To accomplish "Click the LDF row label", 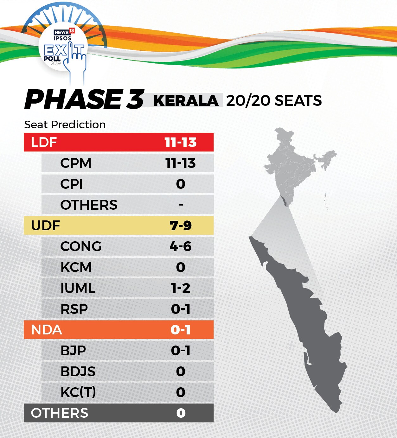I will tap(44, 142).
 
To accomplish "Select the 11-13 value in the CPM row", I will tap(181, 163).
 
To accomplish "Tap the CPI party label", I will tap(71, 184).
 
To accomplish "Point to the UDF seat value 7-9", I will tap(181, 226).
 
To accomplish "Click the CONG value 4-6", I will tap(181, 246).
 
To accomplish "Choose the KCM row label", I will tap(76, 267).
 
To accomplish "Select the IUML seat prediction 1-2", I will tap(181, 288).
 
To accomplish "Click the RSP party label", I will tap(74, 309).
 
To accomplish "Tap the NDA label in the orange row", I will tap(46, 330).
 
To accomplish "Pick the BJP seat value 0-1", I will tap(181, 351).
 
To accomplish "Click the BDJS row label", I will tap(78, 371).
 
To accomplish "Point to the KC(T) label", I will tap(78, 392).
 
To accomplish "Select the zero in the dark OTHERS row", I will tap(181, 413).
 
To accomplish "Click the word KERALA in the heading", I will tap(186, 101).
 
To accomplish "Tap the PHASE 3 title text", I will tap(84, 99).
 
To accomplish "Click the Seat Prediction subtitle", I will tap(65, 125).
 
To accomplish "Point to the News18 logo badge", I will tap(64, 32).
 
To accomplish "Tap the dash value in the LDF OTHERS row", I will tap(181, 205).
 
